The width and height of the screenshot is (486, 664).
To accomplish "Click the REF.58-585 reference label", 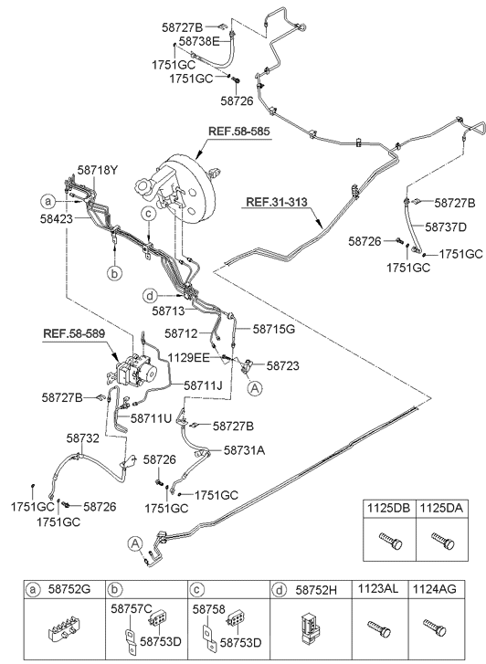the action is coord(239,132).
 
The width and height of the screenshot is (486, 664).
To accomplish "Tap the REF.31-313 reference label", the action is coord(277,202).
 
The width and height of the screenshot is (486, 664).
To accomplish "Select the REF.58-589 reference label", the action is coord(74,333).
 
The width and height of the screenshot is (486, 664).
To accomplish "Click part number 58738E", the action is coord(199,41).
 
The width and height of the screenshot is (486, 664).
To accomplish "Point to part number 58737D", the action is coord(446,227).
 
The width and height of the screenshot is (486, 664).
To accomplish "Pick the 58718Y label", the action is coord(98,170).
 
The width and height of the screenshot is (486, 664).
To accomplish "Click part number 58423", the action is coord(57,219).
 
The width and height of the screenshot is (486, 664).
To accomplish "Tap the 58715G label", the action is coord(274,329).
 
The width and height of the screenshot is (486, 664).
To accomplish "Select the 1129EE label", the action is coord(188,358).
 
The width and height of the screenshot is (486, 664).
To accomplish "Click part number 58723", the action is coord(282,365).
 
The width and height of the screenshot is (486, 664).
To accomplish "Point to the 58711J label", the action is coord(203,385).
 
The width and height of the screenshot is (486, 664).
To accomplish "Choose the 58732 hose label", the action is coord(82,438).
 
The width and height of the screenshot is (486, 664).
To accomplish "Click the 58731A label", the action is coord(245,450).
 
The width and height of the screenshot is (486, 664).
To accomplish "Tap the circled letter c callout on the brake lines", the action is coord(149,215).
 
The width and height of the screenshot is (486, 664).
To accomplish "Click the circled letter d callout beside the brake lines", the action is coord(150,296).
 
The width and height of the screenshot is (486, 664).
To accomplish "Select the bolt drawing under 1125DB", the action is coord(390,541).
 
